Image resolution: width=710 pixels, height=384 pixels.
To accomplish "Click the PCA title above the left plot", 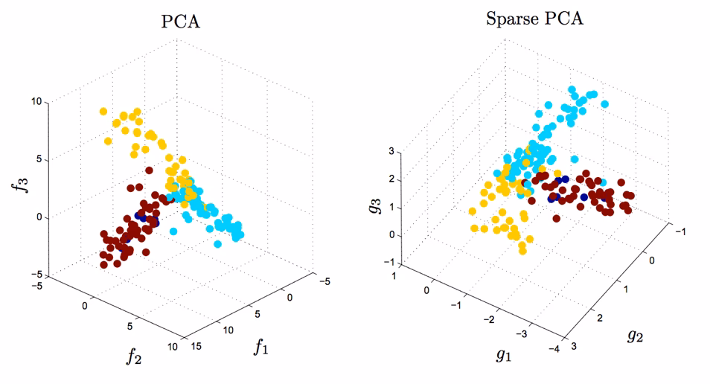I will (181, 22).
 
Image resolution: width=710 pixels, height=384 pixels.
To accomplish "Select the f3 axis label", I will (22, 181).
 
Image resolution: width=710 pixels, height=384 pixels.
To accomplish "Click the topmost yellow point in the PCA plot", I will (103, 112).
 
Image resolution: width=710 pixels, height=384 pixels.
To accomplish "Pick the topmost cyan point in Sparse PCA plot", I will (572, 90).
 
